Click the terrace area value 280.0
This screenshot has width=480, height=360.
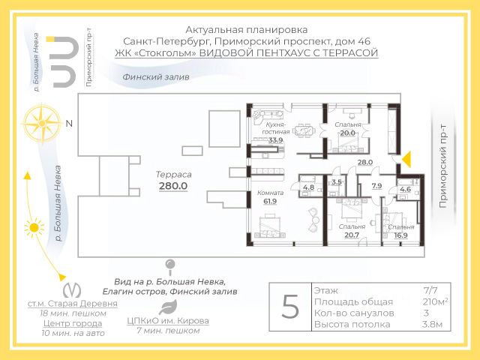pos(172,185)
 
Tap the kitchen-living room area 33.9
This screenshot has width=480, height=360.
pos(275,140)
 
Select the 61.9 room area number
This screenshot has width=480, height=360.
pos(270,200)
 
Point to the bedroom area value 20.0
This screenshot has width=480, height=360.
pos(347,133)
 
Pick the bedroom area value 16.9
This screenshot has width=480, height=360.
pos(401,235)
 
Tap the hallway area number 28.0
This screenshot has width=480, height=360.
pos(365,163)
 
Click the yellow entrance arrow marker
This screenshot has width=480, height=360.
pos(409,158)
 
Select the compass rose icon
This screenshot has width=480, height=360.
pos(41,121)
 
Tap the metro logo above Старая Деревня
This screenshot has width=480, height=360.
pos(72,288)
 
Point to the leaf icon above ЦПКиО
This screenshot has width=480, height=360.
pos(169,307)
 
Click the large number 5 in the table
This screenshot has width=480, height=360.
pos(289,307)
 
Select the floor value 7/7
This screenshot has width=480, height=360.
pos(433,289)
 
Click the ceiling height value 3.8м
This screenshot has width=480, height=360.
pos(433,325)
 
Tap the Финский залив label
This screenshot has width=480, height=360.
pos(157,77)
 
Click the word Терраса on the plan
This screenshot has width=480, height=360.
pos(173,173)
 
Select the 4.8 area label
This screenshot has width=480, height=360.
pos(308,187)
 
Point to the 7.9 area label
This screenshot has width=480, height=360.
pos(376,186)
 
